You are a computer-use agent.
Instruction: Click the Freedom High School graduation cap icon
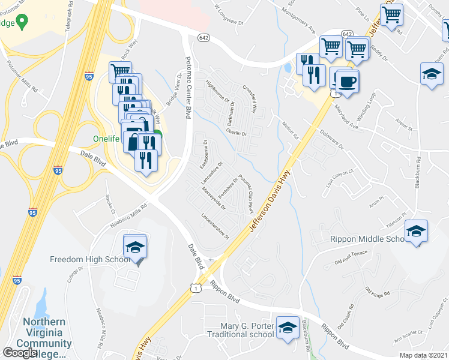pyautogui.click(x=135, y=247)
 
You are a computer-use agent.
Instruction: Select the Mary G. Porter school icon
pyautogui.click(x=288, y=328)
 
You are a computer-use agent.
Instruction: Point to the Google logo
pyautogui.click(x=20, y=352)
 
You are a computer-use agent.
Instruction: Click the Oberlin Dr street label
pyautogui.click(x=237, y=133)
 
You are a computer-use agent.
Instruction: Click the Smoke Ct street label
pyautogui.click(x=109, y=204)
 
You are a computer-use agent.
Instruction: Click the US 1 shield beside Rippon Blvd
pyautogui.click(x=197, y=289)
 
